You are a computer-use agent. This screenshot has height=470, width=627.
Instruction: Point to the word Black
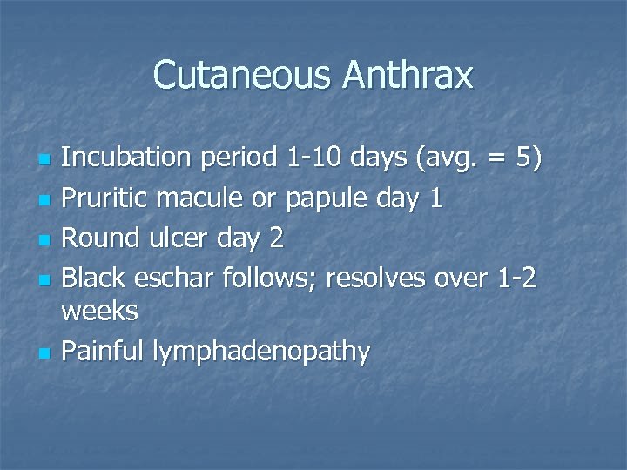point(96,278)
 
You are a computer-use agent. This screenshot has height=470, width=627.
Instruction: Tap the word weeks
point(100,311)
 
